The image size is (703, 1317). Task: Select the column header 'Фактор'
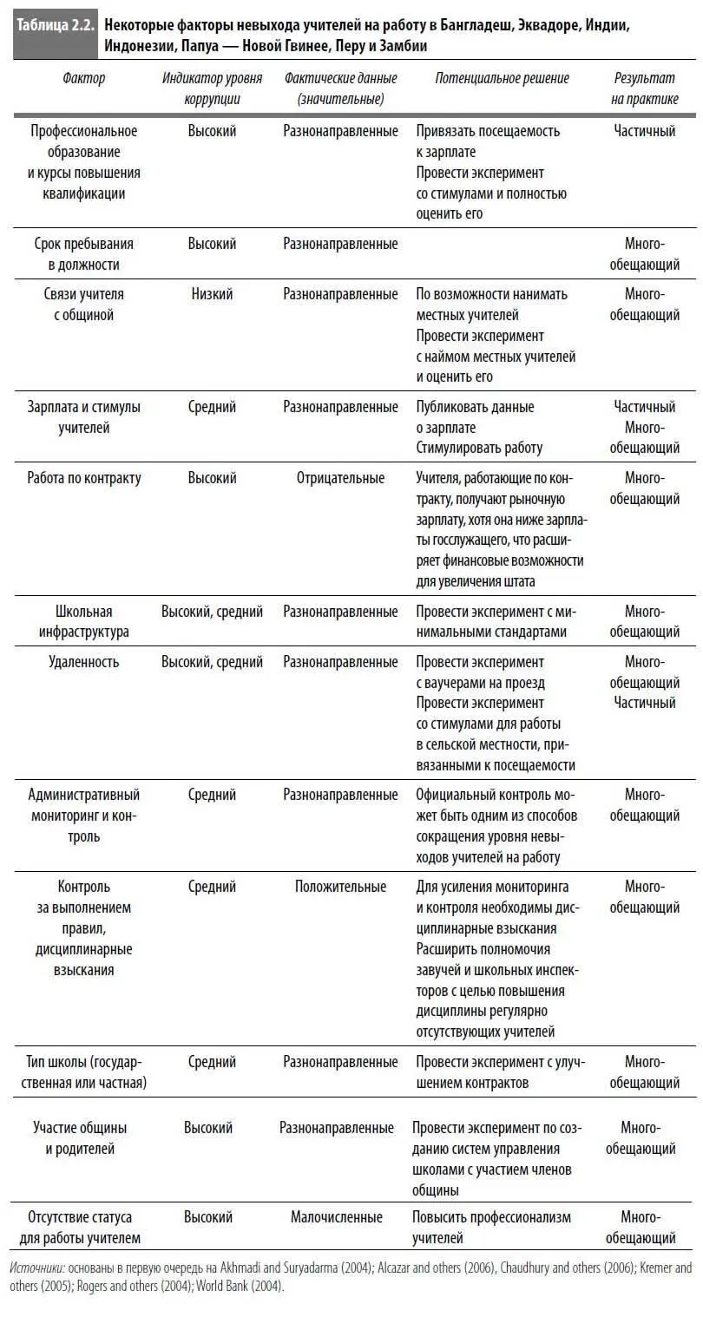84,78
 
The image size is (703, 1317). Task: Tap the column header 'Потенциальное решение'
502,78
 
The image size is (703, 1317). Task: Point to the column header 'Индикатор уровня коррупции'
213,88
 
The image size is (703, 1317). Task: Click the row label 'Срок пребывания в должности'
84,254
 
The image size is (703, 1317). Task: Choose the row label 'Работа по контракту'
84,478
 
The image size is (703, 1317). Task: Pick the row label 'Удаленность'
84,662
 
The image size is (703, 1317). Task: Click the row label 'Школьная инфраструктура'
84,621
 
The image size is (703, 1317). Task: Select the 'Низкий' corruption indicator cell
213,294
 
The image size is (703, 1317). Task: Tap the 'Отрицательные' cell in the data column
340,478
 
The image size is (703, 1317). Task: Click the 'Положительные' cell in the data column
340,887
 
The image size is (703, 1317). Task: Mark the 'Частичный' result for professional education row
645,131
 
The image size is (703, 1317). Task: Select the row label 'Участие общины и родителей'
80,1138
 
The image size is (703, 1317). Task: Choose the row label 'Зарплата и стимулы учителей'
84,417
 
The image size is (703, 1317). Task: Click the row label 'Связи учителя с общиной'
84,305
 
